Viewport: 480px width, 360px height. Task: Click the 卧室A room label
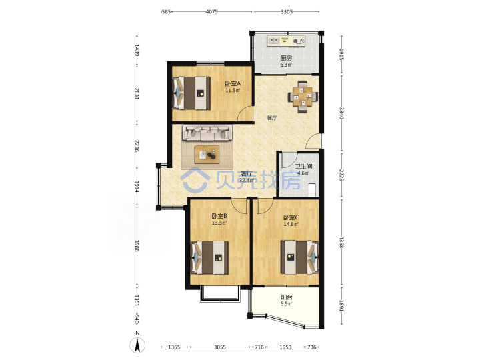click(x=233, y=83)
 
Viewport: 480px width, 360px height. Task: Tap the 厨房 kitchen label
click(x=286, y=58)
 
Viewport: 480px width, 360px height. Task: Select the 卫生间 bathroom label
click(x=303, y=167)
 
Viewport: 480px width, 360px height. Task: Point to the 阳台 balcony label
click(x=287, y=297)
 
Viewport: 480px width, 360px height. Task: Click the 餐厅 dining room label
click(x=272, y=117)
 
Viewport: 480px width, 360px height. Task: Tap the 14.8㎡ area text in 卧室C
click(x=291, y=224)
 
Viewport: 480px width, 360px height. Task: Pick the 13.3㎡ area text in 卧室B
click(x=219, y=223)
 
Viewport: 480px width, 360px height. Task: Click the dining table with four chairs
click(x=303, y=97)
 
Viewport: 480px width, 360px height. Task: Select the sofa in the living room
click(x=207, y=133)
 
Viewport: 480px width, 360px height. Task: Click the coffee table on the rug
click(x=207, y=155)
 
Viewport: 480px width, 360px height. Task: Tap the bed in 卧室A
click(x=191, y=93)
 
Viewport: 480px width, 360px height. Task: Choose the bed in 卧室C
click(x=300, y=257)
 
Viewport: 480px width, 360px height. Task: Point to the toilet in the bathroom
click(x=312, y=189)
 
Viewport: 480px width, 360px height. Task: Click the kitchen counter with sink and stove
click(x=286, y=41)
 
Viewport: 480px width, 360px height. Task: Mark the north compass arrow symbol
click(x=138, y=345)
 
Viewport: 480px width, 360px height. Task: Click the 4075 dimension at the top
click(x=211, y=11)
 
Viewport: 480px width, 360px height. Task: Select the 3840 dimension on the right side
click(x=341, y=113)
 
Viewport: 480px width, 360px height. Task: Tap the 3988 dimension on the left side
click(x=137, y=245)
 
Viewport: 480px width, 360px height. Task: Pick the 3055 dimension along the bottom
click(x=220, y=347)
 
